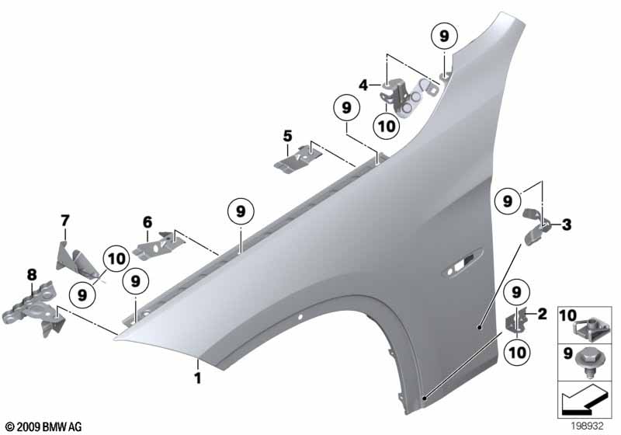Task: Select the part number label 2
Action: tap(542, 314)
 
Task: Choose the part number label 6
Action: tap(147, 221)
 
